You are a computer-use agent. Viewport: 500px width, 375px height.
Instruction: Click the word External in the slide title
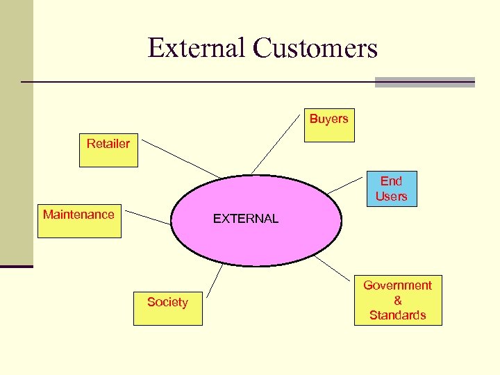click(x=197, y=48)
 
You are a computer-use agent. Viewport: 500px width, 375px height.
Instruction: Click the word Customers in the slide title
click(x=315, y=48)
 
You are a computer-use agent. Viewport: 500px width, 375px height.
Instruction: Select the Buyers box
click(x=329, y=125)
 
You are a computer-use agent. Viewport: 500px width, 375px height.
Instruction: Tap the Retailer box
click(x=108, y=150)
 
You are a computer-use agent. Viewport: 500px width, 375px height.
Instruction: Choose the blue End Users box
click(x=391, y=189)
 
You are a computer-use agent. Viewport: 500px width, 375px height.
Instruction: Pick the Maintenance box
click(x=78, y=222)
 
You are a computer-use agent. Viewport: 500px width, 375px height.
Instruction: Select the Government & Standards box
click(x=397, y=300)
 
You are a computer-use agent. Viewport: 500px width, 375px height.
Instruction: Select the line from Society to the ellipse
click(x=215, y=278)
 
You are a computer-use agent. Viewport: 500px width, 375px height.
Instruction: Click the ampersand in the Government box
click(x=397, y=300)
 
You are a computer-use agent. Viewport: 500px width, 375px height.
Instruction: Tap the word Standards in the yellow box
click(x=397, y=315)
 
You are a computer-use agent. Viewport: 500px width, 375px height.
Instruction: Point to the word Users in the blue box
click(x=391, y=197)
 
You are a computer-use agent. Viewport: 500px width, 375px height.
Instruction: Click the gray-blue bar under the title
click(x=424, y=82)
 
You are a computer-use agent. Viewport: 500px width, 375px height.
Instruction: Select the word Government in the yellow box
click(x=397, y=285)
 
